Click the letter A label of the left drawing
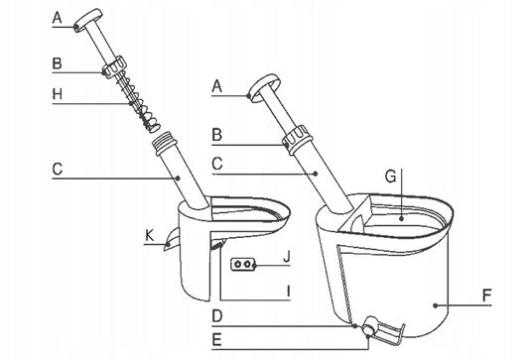(57, 18)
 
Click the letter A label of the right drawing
(217, 86)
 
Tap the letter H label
(58, 94)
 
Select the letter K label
(149, 235)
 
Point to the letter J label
(287, 257)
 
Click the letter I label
(288, 291)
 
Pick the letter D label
(217, 316)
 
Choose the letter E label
(216, 340)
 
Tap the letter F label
(486, 296)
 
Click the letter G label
(390, 177)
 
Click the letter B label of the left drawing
(57, 63)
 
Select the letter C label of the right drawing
(217, 164)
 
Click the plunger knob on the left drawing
(88, 20)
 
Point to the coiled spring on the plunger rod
(140, 103)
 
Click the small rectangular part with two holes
(242, 264)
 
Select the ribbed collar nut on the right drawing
(296, 140)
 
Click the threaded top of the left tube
(166, 143)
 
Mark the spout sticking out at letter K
(172, 239)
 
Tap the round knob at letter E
(370, 326)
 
